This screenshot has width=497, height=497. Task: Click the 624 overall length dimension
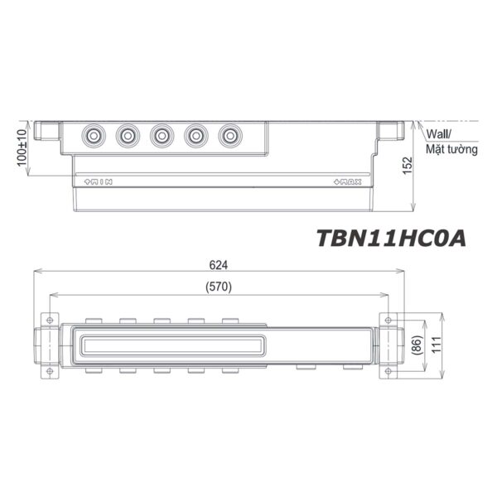tap(218, 265)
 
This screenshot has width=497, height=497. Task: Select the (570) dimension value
tap(218, 287)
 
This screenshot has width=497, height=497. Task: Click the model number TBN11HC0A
tap(392, 238)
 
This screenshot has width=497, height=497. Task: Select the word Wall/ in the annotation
tap(441, 133)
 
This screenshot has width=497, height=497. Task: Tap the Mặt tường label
tap(451, 150)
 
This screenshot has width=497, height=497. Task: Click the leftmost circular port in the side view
tap(94, 134)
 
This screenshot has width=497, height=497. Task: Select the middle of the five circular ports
tap(162, 134)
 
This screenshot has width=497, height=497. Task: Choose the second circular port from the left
tap(128, 134)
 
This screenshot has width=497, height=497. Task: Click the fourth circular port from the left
tap(195, 134)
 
